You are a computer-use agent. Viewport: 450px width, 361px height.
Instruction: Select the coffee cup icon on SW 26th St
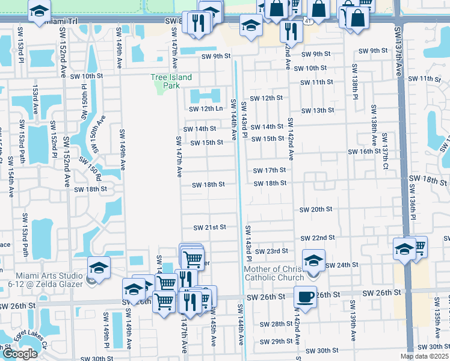[x=306, y=297]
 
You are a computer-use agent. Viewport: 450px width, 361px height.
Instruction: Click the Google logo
[x=20, y=354]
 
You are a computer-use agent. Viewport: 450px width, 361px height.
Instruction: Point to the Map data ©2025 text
[x=425, y=356]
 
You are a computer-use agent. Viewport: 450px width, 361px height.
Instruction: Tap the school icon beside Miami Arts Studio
[x=99, y=267]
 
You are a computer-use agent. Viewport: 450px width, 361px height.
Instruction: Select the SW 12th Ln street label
[x=206, y=109]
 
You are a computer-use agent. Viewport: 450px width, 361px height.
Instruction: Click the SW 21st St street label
[x=209, y=227]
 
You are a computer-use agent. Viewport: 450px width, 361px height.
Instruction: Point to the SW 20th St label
[x=316, y=209]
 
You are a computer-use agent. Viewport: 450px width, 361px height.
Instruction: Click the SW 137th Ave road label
[x=398, y=51]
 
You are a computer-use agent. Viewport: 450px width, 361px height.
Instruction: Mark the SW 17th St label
[x=268, y=171]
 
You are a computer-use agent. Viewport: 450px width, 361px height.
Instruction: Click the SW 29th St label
[x=276, y=342]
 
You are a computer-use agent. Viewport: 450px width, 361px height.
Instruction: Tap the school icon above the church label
[x=313, y=260]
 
